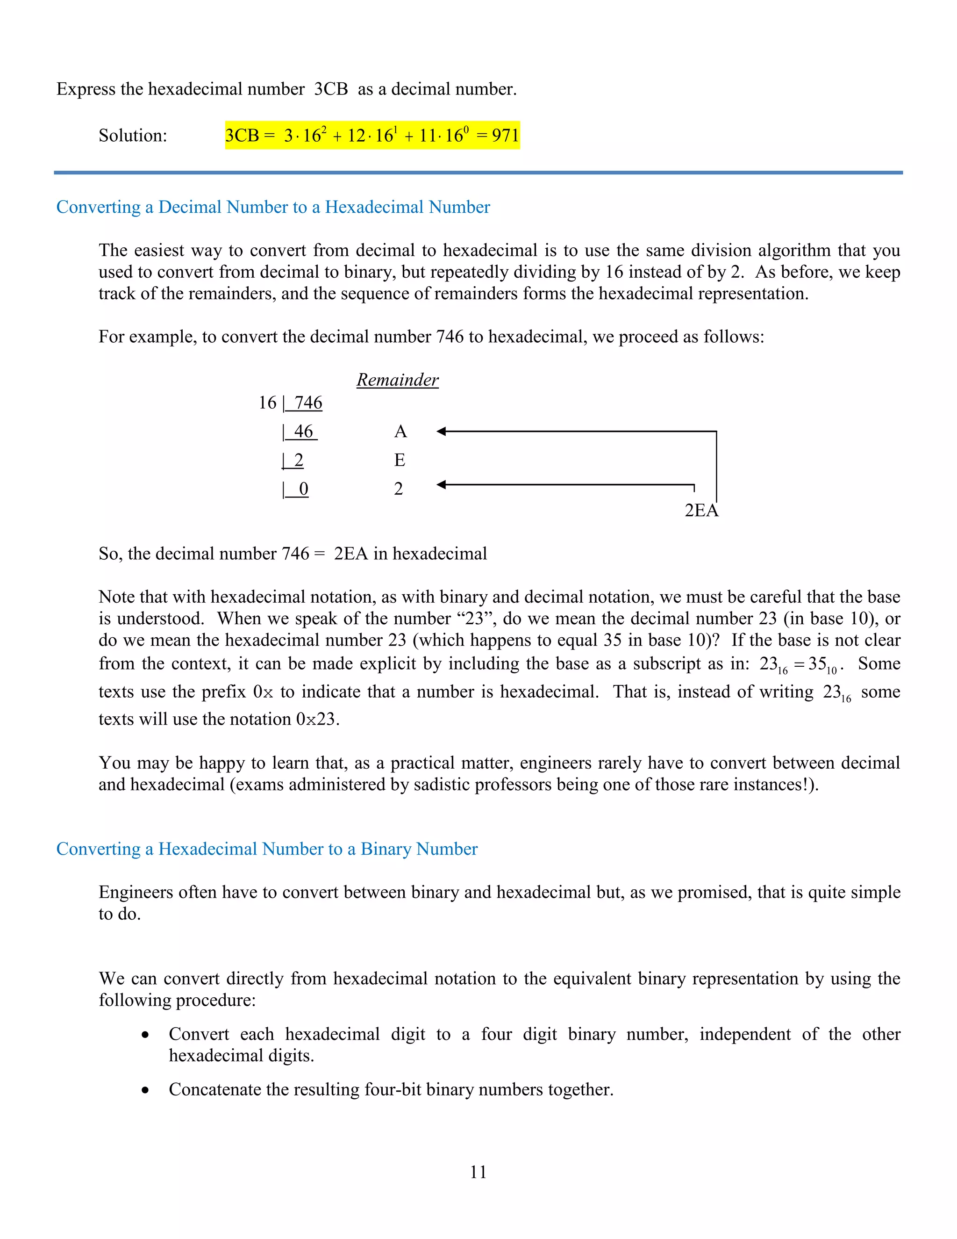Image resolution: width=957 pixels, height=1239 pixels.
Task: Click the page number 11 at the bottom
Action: (478, 1172)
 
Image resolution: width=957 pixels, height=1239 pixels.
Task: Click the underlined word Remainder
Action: (398, 380)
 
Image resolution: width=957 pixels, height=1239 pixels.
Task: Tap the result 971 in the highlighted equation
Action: (505, 135)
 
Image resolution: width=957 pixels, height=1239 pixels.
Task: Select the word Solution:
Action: (133, 135)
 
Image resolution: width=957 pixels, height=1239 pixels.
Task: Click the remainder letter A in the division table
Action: (400, 431)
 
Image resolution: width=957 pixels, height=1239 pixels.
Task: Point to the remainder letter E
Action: (400, 460)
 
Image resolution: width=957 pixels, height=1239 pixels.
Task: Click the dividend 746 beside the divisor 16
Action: (308, 402)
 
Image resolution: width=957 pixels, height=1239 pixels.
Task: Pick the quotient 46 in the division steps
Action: (303, 431)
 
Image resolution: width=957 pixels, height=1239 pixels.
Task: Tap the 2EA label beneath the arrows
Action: (701, 510)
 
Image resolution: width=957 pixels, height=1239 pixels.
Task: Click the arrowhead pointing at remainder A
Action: (442, 431)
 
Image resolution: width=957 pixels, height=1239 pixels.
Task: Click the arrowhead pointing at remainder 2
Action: (442, 484)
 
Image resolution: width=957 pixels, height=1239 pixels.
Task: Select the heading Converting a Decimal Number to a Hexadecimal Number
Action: (273, 207)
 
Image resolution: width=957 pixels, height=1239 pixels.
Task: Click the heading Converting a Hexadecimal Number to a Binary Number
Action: (266, 849)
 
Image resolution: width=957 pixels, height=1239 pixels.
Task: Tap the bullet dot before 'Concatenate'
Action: (146, 1090)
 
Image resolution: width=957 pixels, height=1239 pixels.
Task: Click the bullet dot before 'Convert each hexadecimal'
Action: (146, 1035)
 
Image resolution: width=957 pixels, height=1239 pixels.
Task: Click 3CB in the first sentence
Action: (330, 89)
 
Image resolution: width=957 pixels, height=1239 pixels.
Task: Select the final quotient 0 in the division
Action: (303, 489)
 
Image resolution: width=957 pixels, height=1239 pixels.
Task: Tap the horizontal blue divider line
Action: (478, 173)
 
